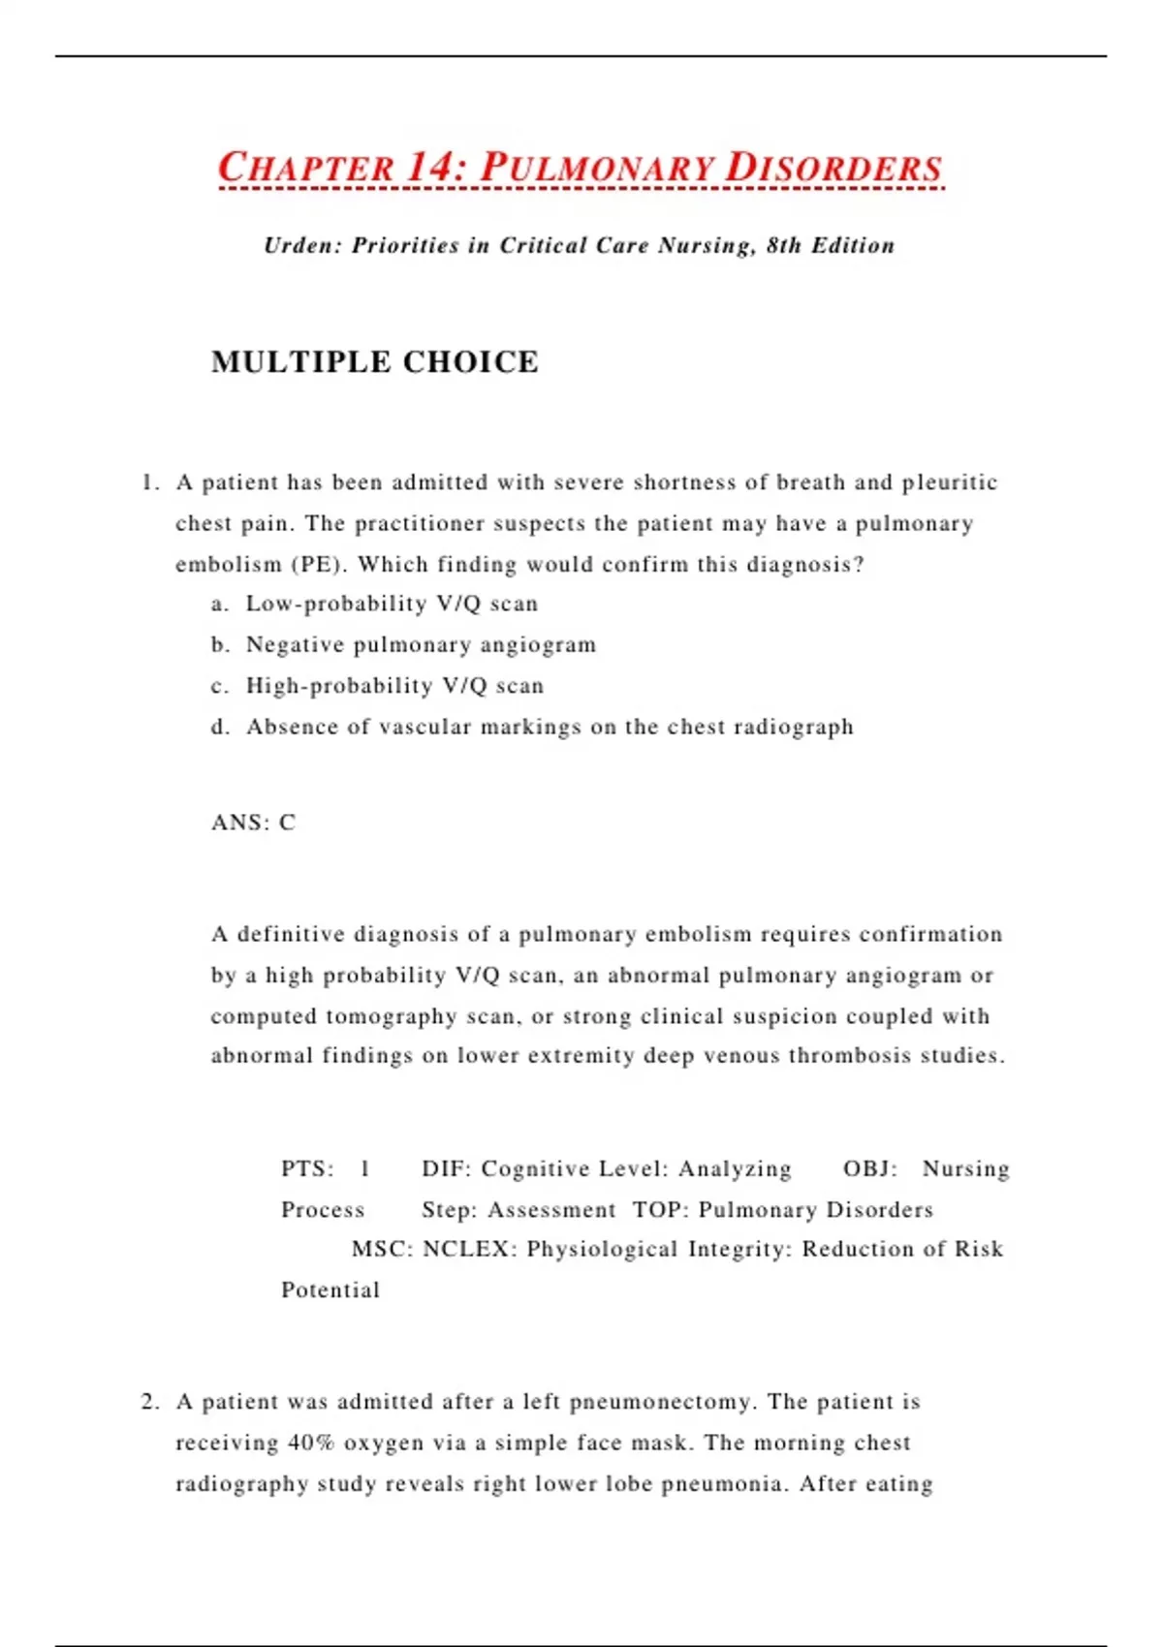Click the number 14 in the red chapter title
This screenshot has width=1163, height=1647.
click(x=430, y=167)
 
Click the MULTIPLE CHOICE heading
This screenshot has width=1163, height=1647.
click(x=375, y=362)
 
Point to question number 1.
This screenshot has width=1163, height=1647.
click(x=149, y=482)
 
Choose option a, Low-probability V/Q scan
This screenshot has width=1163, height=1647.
click(x=392, y=604)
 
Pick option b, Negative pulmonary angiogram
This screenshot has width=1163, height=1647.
click(x=421, y=645)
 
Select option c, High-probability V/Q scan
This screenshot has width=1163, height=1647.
click(x=394, y=686)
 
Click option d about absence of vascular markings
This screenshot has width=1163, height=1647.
click(x=550, y=727)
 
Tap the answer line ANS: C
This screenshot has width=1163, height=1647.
click(x=254, y=823)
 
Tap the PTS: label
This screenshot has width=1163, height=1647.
click(x=307, y=1169)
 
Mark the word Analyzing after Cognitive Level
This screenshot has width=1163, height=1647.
click(x=735, y=1169)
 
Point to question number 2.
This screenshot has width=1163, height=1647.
click(x=149, y=1402)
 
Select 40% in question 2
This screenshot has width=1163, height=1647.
click(x=310, y=1444)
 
